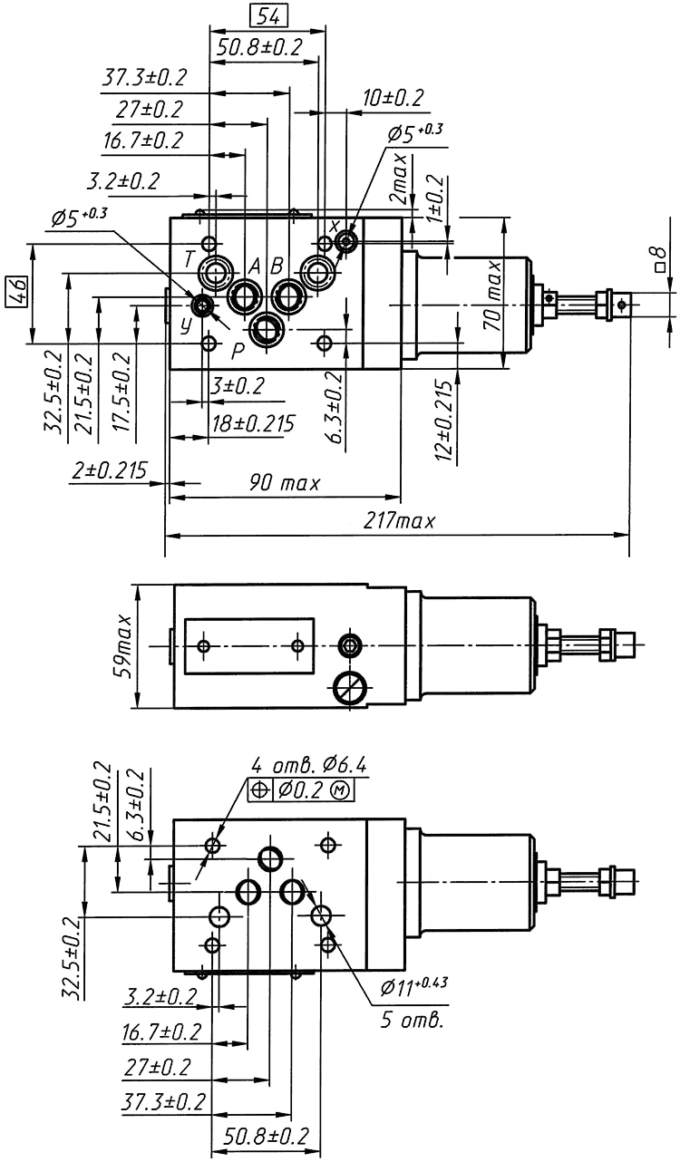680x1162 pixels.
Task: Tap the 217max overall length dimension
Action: point(399,521)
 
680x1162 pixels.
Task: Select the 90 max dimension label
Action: point(285,483)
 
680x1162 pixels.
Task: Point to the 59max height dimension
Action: point(124,646)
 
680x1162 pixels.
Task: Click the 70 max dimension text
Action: point(492,295)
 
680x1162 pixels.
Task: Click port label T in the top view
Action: point(189,259)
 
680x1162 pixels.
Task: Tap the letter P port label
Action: point(238,352)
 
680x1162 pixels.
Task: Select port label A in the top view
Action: point(254,266)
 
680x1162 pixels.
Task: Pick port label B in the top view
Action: point(277,266)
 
